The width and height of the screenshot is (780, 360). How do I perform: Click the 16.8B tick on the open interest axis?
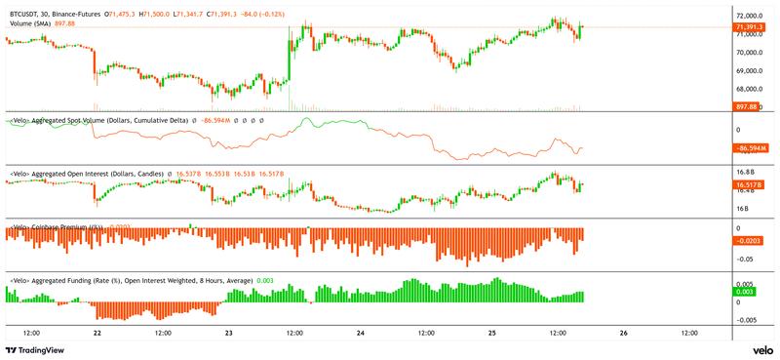coord(745,172)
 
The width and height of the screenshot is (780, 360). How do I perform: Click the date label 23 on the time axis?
coord(228,333)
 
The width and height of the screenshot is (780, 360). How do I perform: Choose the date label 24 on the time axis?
coord(360,333)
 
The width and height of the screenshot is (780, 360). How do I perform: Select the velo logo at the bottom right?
coord(762,350)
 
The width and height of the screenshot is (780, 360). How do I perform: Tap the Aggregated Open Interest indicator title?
coord(88,173)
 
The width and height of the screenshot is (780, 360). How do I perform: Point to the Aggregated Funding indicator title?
coord(132,280)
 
